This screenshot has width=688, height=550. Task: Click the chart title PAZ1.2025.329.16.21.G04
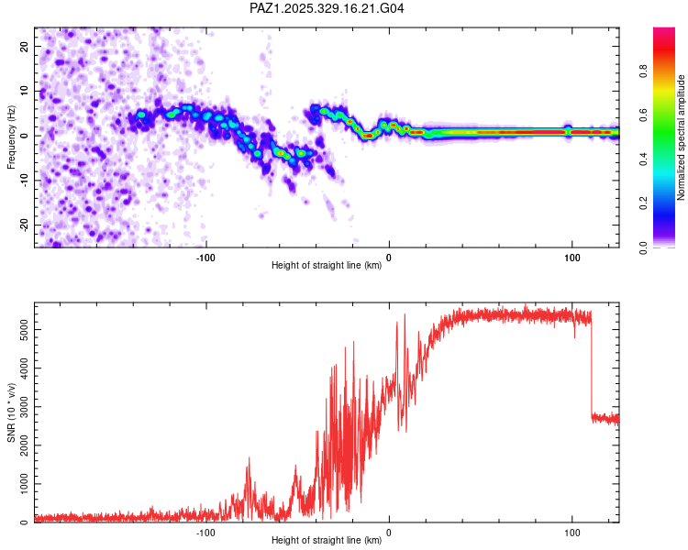click(327, 9)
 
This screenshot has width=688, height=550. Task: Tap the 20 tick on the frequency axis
click(25, 46)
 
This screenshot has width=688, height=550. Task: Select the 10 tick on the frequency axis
click(25, 91)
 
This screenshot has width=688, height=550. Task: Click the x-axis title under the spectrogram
click(327, 266)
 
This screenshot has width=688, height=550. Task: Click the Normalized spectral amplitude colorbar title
click(682, 137)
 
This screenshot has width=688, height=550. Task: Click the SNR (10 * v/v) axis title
click(11, 412)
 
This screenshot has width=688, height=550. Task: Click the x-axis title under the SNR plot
click(327, 541)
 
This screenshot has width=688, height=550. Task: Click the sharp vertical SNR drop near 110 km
click(592, 367)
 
